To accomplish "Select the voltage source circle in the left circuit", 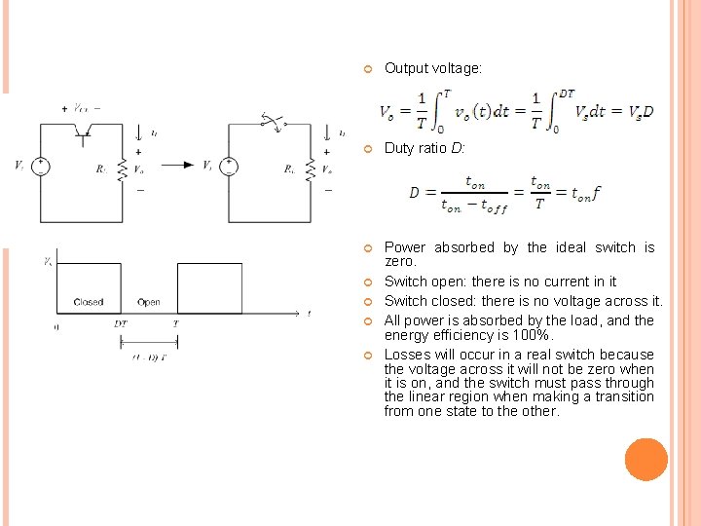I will coord(41,166).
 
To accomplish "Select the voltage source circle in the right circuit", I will coord(229,166).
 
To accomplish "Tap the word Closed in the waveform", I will coord(89,302).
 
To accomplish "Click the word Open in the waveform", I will coord(149,302).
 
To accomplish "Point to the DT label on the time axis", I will coord(120,323).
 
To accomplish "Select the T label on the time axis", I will coord(175,323).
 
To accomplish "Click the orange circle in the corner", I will coord(646,459).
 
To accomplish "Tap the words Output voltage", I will coord(432,68).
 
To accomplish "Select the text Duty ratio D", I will coord(424,148).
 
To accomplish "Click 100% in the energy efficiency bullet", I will coord(535,335).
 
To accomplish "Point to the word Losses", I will coord(408,355).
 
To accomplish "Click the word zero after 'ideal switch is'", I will coord(400,262).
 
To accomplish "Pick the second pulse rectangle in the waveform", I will coord(208,288).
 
